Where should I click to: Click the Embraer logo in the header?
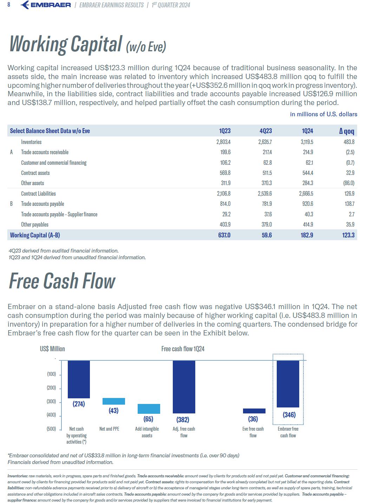click(x=46, y=5)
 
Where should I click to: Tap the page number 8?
click(x=9, y=5)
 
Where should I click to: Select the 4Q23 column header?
click(x=266, y=131)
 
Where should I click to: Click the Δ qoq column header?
click(x=347, y=131)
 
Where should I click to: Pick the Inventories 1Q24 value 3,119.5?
click(x=307, y=142)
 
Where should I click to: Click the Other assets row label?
click(x=33, y=183)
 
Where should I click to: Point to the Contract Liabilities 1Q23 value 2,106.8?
click(x=224, y=194)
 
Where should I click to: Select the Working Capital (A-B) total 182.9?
click(x=307, y=235)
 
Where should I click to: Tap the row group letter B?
click(x=11, y=204)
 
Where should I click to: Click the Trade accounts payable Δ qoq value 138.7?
click(x=349, y=204)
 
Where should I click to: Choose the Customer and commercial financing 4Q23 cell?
click(x=268, y=163)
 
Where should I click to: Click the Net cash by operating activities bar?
click(x=79, y=379)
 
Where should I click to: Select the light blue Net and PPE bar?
click(x=113, y=401)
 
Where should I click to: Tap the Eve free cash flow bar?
click(x=254, y=411)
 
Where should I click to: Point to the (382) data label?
click(x=183, y=419)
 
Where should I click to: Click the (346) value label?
click(x=289, y=414)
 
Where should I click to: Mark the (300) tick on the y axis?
click(x=51, y=401)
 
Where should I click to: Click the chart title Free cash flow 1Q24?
click(x=183, y=349)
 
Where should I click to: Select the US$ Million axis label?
click(x=52, y=349)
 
